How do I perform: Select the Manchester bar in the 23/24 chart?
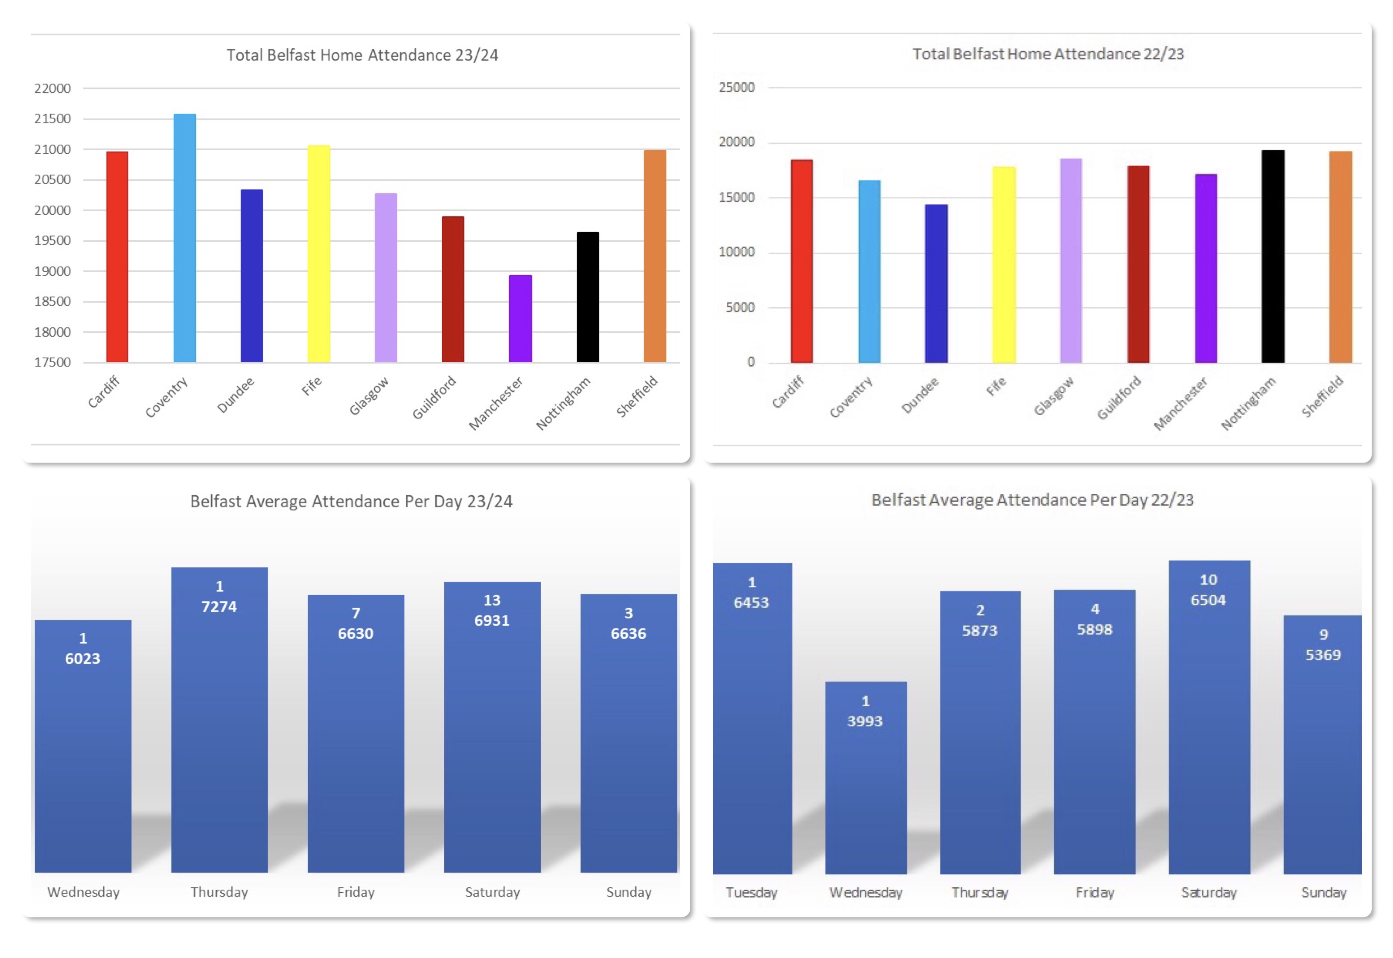[x=520, y=318]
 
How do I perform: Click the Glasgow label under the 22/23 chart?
[x=1053, y=396]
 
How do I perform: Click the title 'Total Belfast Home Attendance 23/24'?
[x=362, y=55]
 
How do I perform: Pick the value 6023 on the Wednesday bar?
[x=83, y=658]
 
